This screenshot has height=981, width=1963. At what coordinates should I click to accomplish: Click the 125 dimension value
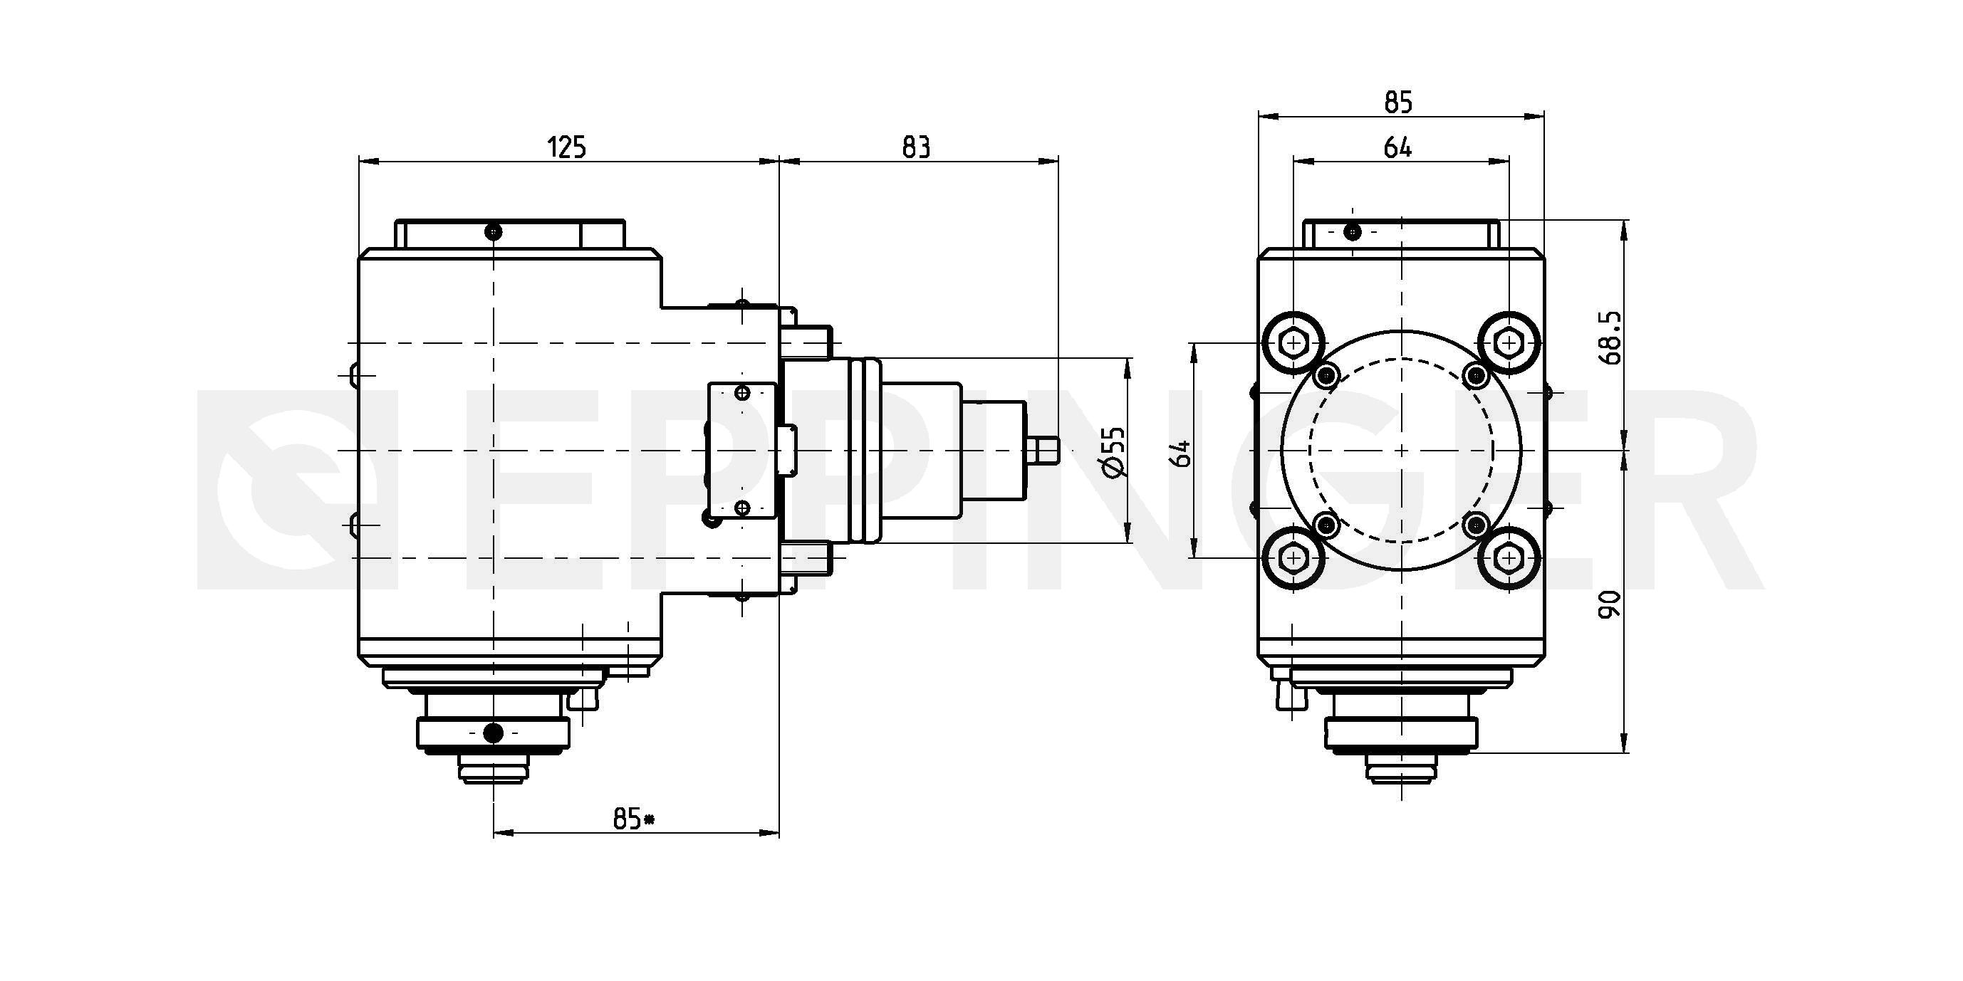[568, 147]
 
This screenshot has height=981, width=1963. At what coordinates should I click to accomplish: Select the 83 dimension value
[916, 147]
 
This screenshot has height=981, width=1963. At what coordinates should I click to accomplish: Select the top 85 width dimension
[1398, 102]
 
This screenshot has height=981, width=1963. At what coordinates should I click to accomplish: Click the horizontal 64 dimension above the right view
[1397, 148]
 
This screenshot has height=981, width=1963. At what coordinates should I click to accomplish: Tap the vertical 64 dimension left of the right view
[1182, 453]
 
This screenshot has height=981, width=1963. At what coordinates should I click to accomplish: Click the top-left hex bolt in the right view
[1293, 345]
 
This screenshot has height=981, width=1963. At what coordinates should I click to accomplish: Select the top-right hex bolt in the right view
[1509, 344]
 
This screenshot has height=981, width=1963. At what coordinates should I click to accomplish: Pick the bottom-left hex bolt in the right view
[1293, 559]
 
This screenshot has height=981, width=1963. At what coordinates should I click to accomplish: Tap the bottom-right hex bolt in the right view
[1509, 559]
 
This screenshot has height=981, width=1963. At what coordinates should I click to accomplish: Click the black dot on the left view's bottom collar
[494, 733]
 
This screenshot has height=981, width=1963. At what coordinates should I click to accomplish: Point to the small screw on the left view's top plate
[494, 231]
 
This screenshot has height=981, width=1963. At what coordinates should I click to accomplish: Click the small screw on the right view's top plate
[1352, 230]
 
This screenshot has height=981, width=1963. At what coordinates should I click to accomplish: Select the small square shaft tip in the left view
[1043, 451]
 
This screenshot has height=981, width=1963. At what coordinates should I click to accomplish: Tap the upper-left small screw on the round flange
[1328, 374]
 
